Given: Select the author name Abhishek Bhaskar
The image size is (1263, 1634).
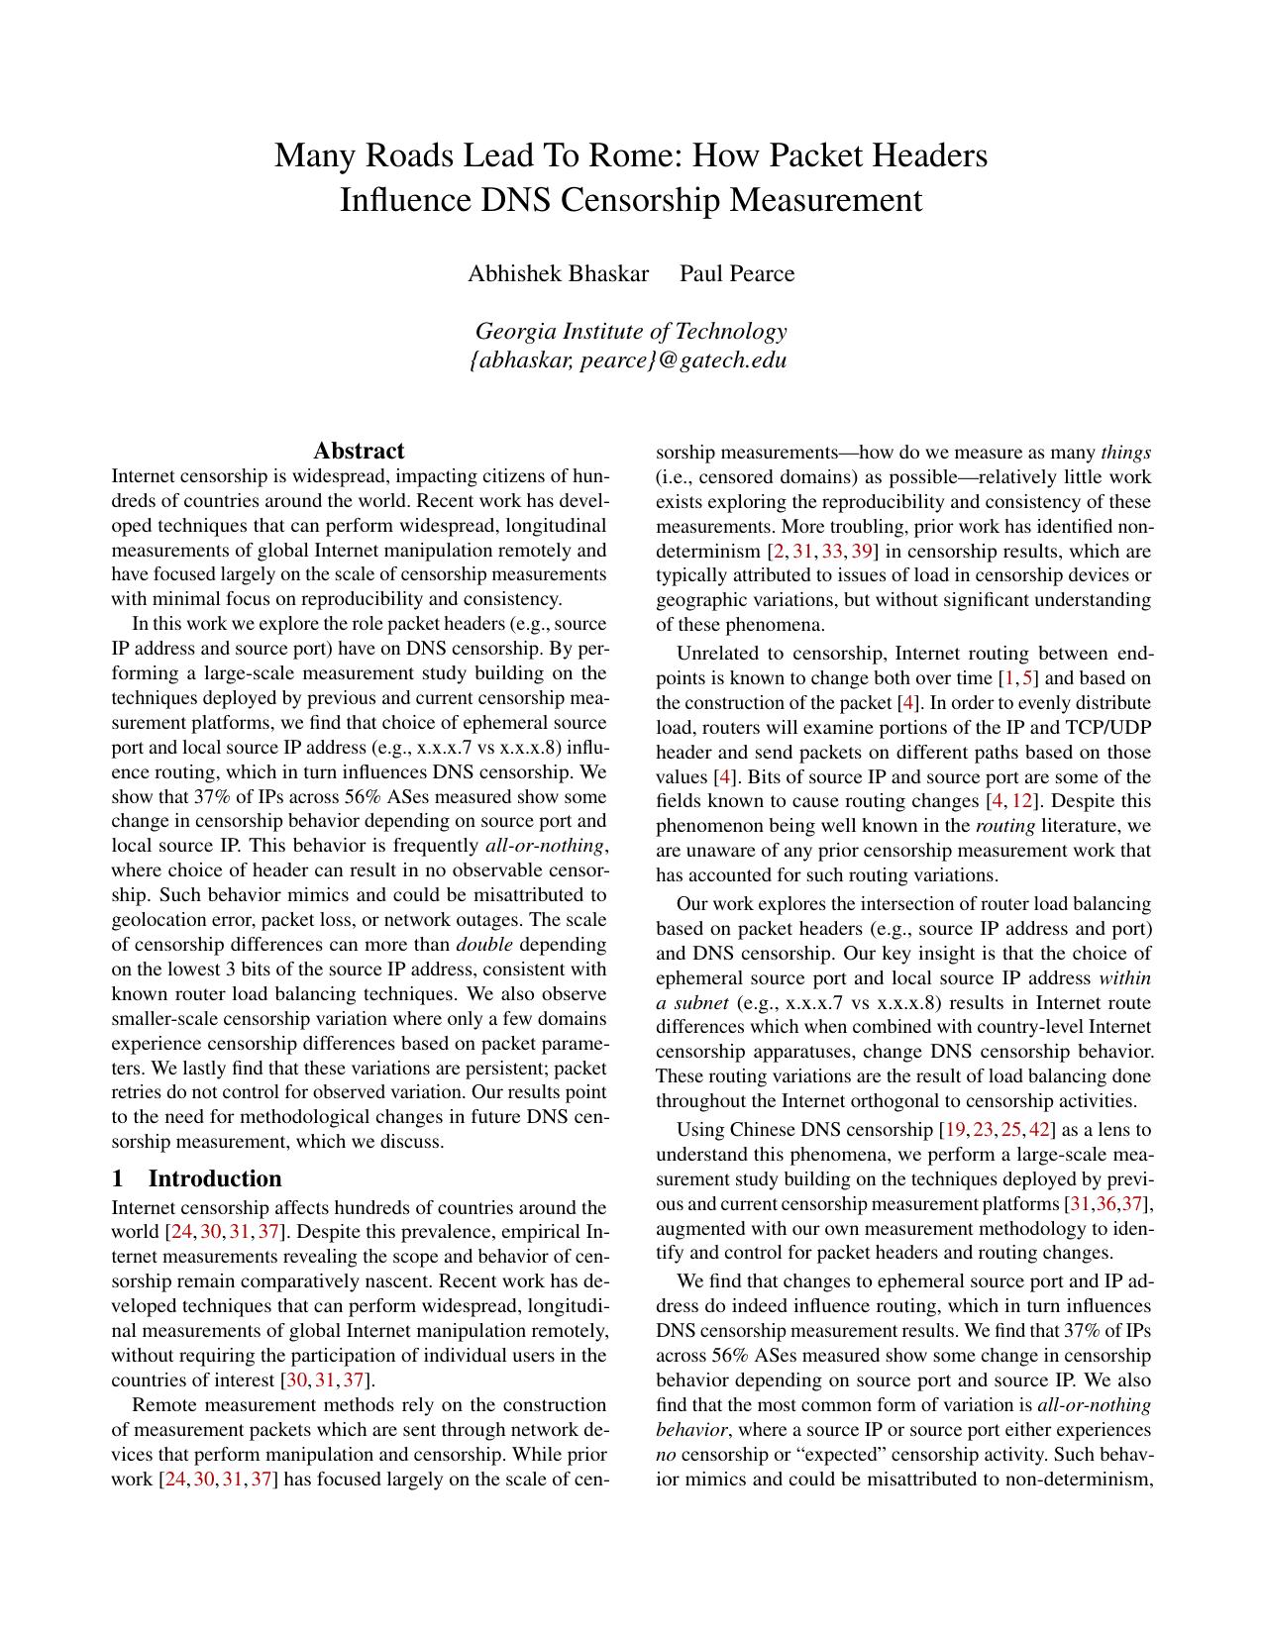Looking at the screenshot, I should coord(558,273).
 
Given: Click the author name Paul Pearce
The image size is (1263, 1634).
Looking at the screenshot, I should coord(736,273).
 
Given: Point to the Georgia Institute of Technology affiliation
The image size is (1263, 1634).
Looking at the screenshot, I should coord(631,331).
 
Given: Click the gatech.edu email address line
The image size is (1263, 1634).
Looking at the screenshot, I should coord(628,359).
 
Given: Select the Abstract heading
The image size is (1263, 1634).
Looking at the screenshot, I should coord(359,452).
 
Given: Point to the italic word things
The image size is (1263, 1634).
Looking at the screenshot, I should coord(1125,453).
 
